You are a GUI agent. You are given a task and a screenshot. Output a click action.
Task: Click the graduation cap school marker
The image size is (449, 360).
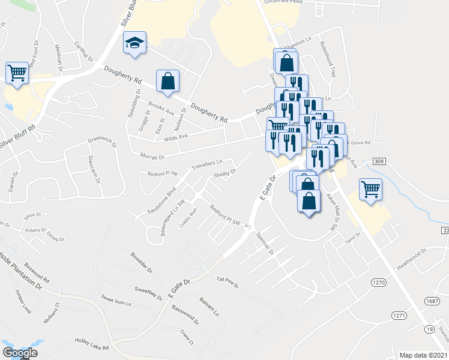tap(134, 43)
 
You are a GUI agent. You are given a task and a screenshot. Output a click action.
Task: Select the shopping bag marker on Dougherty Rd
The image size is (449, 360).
tap(167, 81)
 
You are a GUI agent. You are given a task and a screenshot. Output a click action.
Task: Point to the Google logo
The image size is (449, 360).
tap(20, 353)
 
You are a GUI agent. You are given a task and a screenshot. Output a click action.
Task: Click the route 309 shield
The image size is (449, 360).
tap(378, 162)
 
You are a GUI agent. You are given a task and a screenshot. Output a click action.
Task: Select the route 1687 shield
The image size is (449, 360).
tap(430, 302)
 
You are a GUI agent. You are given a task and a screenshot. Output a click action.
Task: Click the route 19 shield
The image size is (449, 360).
tap(429, 329)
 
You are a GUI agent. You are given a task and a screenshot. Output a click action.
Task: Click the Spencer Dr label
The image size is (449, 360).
tap(265, 242)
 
